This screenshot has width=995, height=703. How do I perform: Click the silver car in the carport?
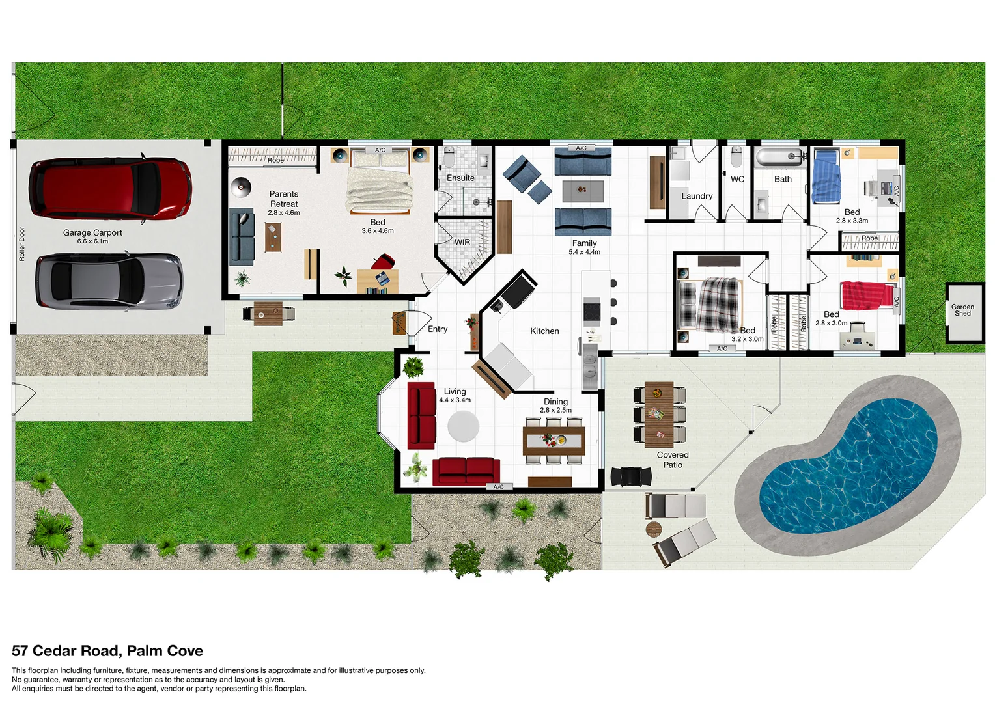pos(109,281)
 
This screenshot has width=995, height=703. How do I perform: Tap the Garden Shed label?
pos(962,310)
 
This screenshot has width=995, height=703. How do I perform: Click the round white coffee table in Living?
pos(463,427)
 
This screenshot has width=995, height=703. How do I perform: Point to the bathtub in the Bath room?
pos(778,157)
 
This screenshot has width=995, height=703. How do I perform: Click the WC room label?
pos(737,179)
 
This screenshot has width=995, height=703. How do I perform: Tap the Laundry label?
pos(697,196)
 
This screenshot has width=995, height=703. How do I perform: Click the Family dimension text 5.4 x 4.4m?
pos(584,252)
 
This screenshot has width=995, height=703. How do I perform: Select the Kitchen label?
pos(544,331)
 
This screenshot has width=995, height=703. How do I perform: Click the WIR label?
pos(462,242)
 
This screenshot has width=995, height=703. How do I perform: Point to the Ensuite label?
pos(460,178)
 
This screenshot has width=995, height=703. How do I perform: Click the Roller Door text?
pos(21,244)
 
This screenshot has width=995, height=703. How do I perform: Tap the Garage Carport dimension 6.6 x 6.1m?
pos(92,241)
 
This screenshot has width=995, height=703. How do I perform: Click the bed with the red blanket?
pos(865,296)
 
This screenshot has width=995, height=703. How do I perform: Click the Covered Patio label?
pos(673,460)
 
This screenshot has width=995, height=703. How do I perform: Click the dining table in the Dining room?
pos(554,441)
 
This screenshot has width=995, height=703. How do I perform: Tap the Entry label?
pos(438,329)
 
